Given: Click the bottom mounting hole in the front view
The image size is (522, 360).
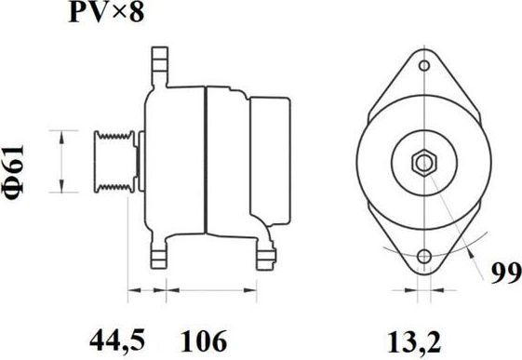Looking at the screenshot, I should point(424,257).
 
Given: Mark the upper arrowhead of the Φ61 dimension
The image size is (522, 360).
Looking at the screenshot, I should point(62,135).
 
